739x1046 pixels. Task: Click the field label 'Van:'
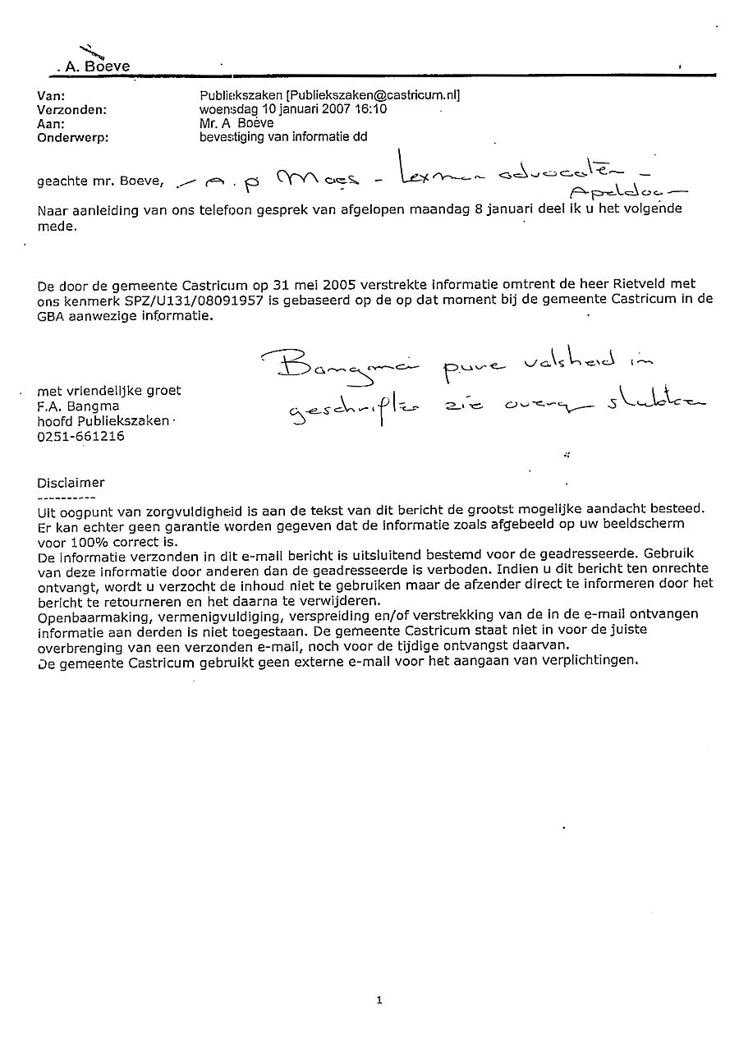point(51,96)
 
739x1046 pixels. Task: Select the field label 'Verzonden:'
point(72,109)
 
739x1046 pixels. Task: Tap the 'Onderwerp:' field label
point(72,138)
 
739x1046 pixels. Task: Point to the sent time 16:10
point(372,109)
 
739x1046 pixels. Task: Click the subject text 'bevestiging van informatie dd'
point(283,137)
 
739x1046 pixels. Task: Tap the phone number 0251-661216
point(81,437)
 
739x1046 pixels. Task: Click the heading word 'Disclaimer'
point(71,483)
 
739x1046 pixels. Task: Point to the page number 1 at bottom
point(379,999)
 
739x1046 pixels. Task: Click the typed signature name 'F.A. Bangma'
point(78,406)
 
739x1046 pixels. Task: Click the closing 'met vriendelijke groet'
point(109,391)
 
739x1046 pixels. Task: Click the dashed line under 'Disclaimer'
point(66,498)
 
